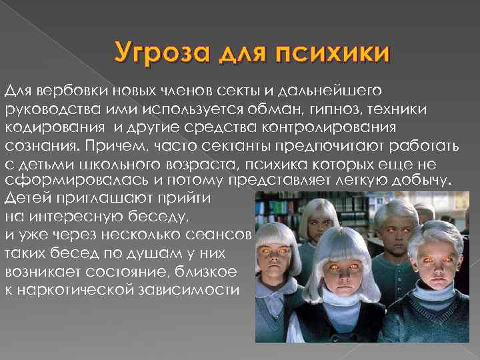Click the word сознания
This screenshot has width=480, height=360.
38,145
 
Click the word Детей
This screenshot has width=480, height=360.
26,199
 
